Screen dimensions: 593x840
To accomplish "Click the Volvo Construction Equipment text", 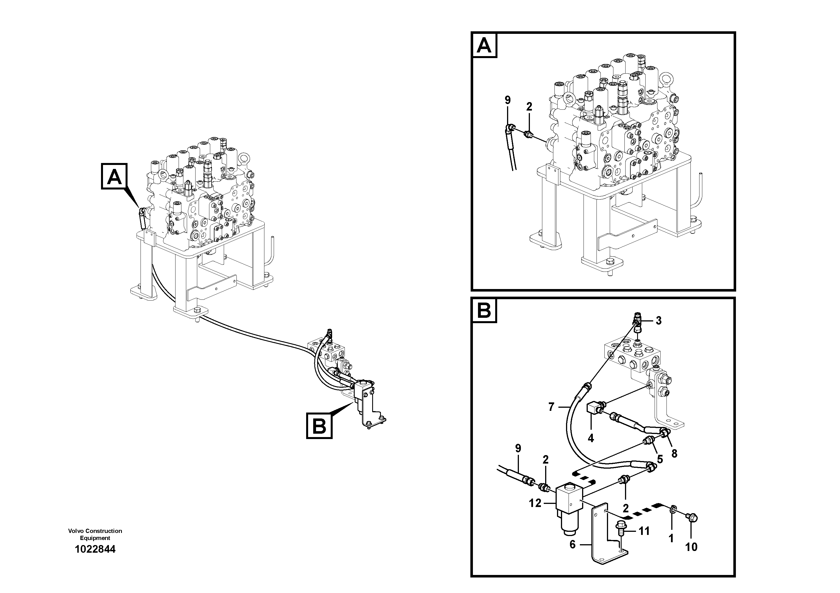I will (x=95, y=534).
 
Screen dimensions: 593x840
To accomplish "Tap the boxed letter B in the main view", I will (x=319, y=426).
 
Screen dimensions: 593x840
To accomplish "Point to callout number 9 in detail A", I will (x=507, y=100).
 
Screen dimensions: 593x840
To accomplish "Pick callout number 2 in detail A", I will (x=529, y=107).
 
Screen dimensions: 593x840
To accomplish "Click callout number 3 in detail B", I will (x=659, y=321).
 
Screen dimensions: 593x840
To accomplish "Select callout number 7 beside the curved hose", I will (x=552, y=407).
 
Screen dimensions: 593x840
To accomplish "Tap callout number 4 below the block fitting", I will (x=591, y=438).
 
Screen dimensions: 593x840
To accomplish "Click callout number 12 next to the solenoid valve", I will (x=535, y=503).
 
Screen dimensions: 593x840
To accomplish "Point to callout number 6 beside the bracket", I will (x=573, y=544).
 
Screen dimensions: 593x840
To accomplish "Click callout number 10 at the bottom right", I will (x=691, y=547).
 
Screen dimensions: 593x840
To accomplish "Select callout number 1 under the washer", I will (x=671, y=539).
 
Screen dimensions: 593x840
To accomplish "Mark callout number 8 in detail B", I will (x=674, y=453).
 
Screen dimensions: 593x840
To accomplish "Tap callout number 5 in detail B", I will (x=660, y=459).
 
